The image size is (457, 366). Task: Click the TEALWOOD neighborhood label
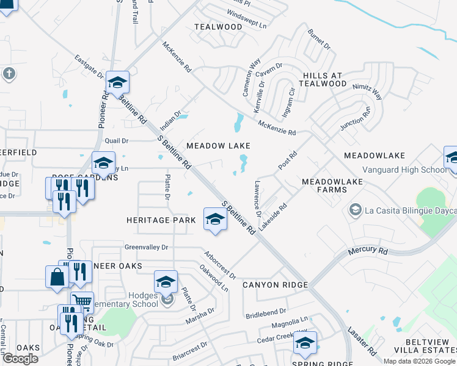(x=218, y=27)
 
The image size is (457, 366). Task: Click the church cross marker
(x=9, y=74)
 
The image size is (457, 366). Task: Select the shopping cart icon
(x=82, y=301)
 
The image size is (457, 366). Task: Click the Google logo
(x=20, y=359)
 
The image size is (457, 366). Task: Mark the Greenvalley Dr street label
(x=146, y=248)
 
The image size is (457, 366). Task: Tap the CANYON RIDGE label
(x=274, y=285)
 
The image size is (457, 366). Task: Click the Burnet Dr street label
(x=318, y=40)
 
